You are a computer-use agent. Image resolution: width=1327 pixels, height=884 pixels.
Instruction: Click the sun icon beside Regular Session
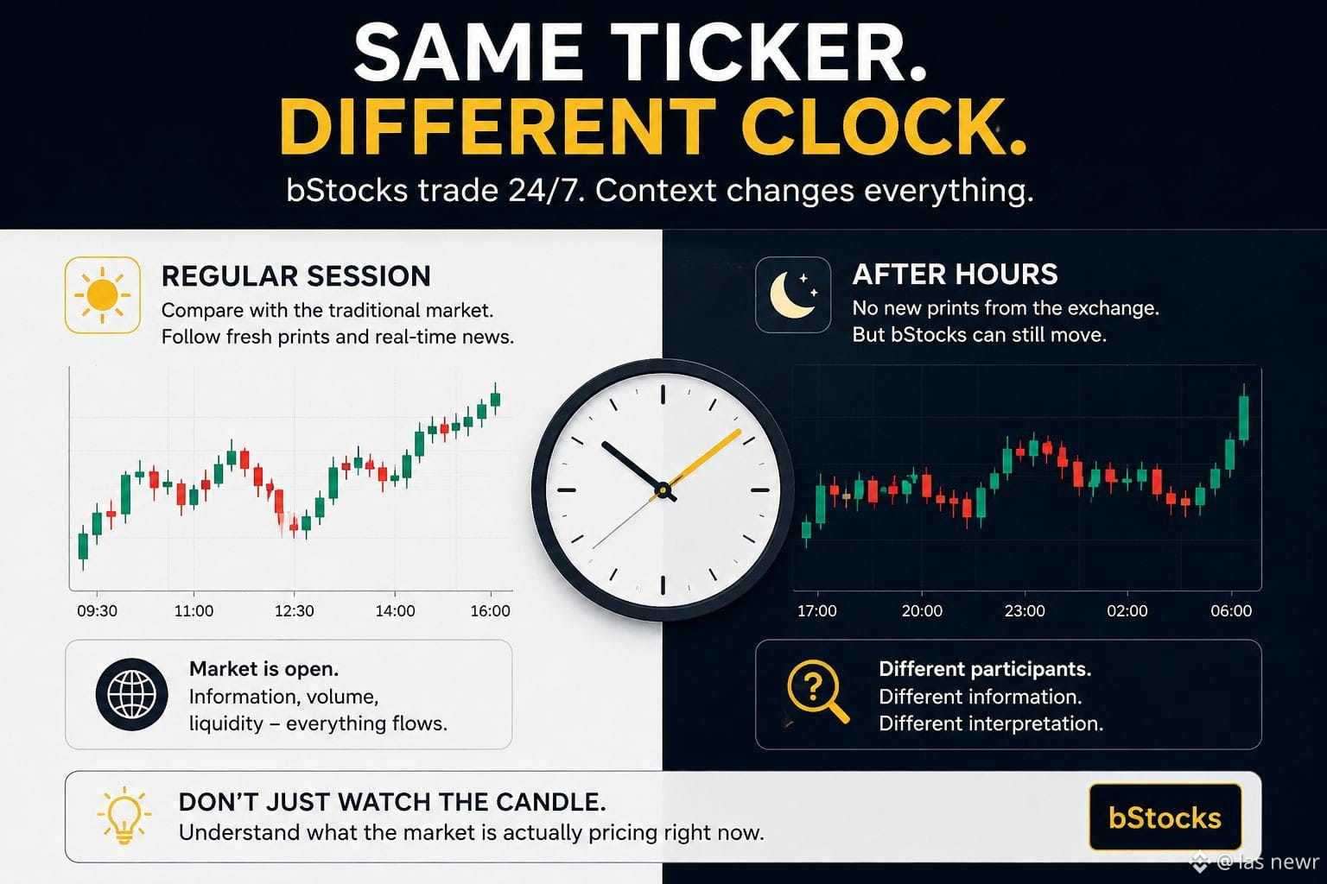(x=103, y=295)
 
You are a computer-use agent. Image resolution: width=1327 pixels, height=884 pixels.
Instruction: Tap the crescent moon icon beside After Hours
(x=792, y=295)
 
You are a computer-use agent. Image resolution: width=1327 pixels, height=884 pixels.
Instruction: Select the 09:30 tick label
(x=97, y=610)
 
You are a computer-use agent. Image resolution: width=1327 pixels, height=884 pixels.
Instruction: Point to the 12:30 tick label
(x=295, y=610)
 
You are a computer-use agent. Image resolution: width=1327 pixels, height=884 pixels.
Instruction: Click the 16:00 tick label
(x=491, y=610)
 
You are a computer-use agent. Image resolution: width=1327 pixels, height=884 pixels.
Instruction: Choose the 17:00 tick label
(x=817, y=610)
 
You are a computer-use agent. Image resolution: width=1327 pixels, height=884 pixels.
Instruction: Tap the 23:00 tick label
(x=1025, y=610)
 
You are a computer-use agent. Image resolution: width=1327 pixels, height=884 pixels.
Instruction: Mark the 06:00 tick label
(x=1231, y=610)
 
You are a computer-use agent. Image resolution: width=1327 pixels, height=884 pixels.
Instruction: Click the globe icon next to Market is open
(x=131, y=694)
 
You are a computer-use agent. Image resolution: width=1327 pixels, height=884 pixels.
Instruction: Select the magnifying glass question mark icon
(x=817, y=691)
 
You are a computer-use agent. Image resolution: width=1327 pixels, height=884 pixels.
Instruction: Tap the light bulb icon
(x=124, y=816)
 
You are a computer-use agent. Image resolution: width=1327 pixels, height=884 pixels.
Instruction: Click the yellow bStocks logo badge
(x=1165, y=817)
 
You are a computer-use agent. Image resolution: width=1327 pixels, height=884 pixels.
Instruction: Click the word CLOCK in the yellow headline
(x=884, y=127)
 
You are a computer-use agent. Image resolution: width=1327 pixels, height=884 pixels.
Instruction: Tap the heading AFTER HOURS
(x=955, y=275)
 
